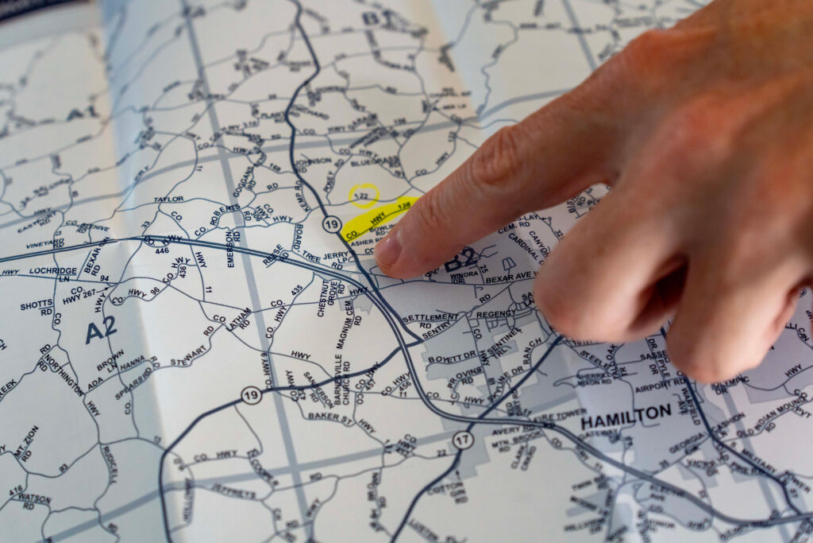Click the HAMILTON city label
[x=626, y=414]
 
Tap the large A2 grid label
[x=101, y=329]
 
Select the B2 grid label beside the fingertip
[x=462, y=261]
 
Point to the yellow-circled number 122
[x=364, y=195]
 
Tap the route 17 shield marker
[x=463, y=440]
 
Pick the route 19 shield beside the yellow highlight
[x=332, y=225]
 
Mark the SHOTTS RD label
[x=37, y=305]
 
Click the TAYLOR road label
[x=168, y=199]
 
